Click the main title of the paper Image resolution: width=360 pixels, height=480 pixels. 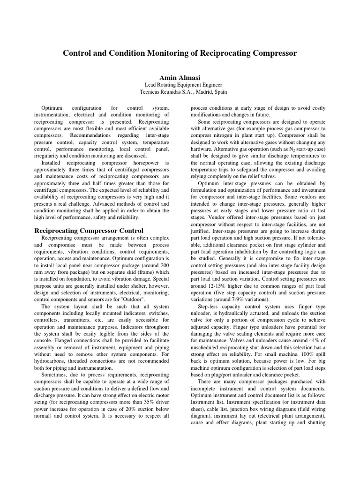(x=180, y=53)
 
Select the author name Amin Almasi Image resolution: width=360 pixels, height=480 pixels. (x=180, y=76)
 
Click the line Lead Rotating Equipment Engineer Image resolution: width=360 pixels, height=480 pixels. (x=180, y=84)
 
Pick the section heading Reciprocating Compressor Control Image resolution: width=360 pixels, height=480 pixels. (x=90, y=231)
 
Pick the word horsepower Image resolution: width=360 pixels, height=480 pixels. (x=142, y=163)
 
